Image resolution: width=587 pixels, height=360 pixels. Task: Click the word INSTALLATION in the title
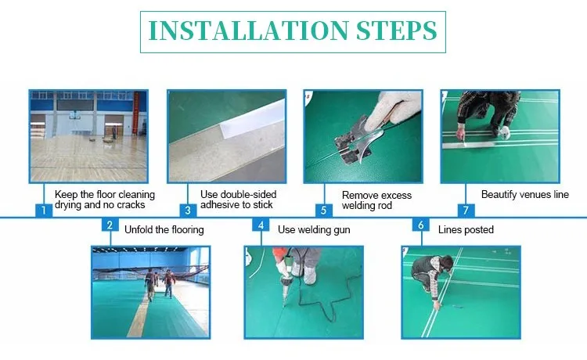pyautogui.click(x=249, y=31)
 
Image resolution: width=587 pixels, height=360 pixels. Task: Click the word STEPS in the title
pyautogui.click(x=397, y=31)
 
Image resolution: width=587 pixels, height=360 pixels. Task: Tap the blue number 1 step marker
pyautogui.click(x=44, y=211)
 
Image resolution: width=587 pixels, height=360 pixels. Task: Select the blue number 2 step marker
pyautogui.click(x=110, y=225)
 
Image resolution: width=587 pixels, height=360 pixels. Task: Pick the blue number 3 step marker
pyautogui.click(x=188, y=211)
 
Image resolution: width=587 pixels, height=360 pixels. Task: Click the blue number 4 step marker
pyautogui.click(x=261, y=225)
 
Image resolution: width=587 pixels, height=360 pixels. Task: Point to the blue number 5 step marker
pyautogui.click(x=324, y=211)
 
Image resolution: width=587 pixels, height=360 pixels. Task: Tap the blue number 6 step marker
pyautogui.click(x=421, y=225)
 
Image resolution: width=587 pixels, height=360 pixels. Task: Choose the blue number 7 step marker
pyautogui.click(x=466, y=211)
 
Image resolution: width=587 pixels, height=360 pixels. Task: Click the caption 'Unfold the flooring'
pyautogui.click(x=164, y=230)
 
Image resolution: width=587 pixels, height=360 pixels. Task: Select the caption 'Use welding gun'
pyautogui.click(x=314, y=230)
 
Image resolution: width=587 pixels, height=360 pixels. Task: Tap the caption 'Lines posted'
pyautogui.click(x=466, y=230)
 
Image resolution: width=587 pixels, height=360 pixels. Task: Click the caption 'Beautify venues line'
pyautogui.click(x=525, y=195)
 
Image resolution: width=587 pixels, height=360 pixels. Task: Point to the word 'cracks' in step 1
pyautogui.click(x=131, y=205)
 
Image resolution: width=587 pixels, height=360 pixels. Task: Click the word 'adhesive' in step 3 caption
pyautogui.click(x=218, y=205)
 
